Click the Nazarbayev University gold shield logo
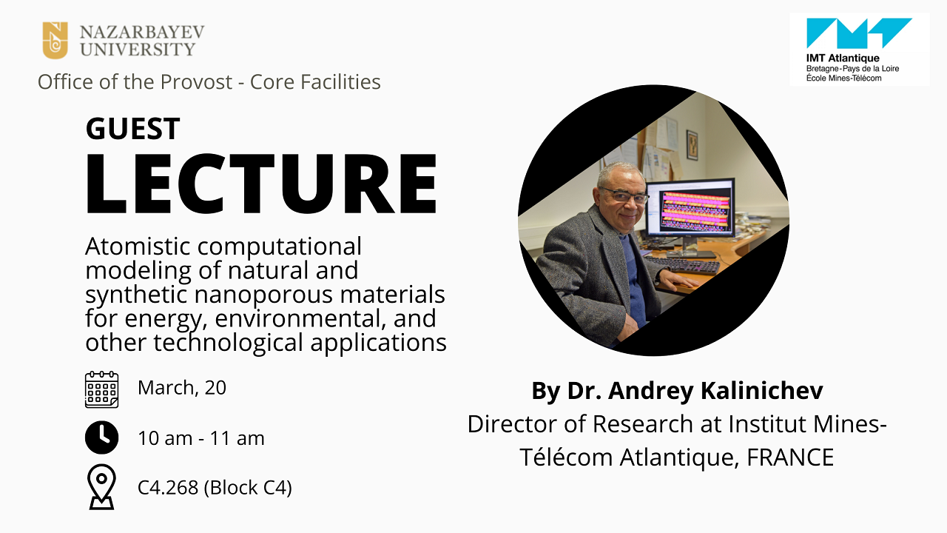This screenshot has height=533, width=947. pos(55,40)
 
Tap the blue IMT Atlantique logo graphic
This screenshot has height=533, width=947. pos(859,33)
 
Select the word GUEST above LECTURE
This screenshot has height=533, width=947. pos(132,129)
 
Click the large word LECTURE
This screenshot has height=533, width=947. pos(261,184)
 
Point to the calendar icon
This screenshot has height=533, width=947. pos(101,389)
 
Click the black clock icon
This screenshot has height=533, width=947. pos(101,438)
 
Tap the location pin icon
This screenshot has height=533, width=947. pos(101,487)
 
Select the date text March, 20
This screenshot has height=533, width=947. pos(182,388)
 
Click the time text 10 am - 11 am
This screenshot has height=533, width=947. pos(201,438)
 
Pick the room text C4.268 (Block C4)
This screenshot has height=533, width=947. pos(215,488)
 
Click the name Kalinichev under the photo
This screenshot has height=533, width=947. pos(762,390)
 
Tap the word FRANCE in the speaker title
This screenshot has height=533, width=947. pos(790,457)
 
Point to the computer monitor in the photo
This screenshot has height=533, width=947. pos(690,209)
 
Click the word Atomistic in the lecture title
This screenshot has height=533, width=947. pos(138,247)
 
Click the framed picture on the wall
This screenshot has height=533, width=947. pos(692,145)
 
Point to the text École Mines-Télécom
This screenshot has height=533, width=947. pos(844,78)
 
